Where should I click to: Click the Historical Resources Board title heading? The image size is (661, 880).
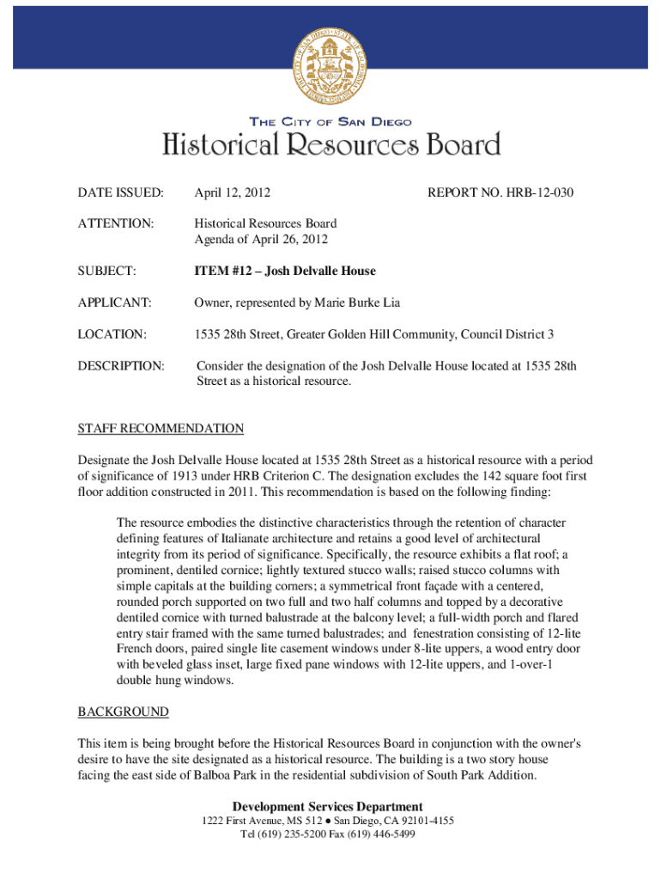coord(330,144)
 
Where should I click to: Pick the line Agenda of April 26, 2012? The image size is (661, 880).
coord(260,240)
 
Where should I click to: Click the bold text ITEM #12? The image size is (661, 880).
coord(224,271)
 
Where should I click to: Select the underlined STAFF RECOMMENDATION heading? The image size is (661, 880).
coord(161,428)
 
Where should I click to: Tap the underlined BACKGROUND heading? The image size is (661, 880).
coord(123,712)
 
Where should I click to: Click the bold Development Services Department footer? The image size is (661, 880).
coord(327,806)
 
